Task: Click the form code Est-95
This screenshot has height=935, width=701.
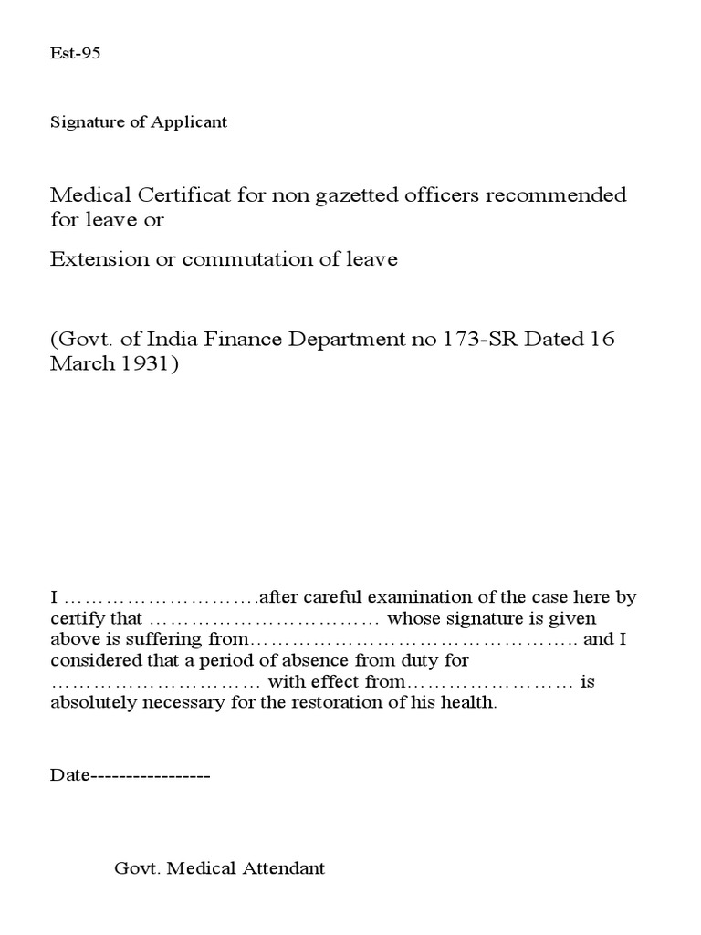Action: [x=75, y=53]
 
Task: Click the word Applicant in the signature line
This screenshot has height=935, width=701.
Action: [x=194, y=122]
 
